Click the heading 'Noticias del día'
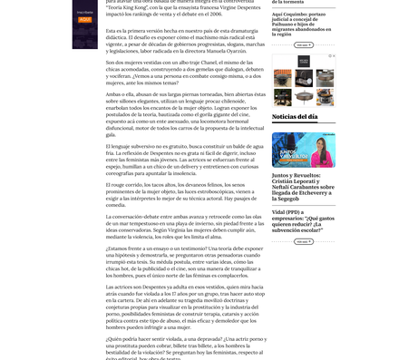tap(295, 117)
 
